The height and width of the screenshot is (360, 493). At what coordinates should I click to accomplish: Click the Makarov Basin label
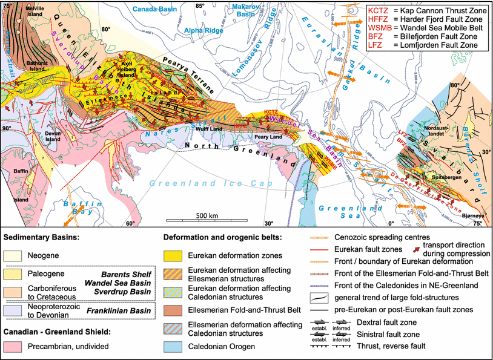coord(234,10)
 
